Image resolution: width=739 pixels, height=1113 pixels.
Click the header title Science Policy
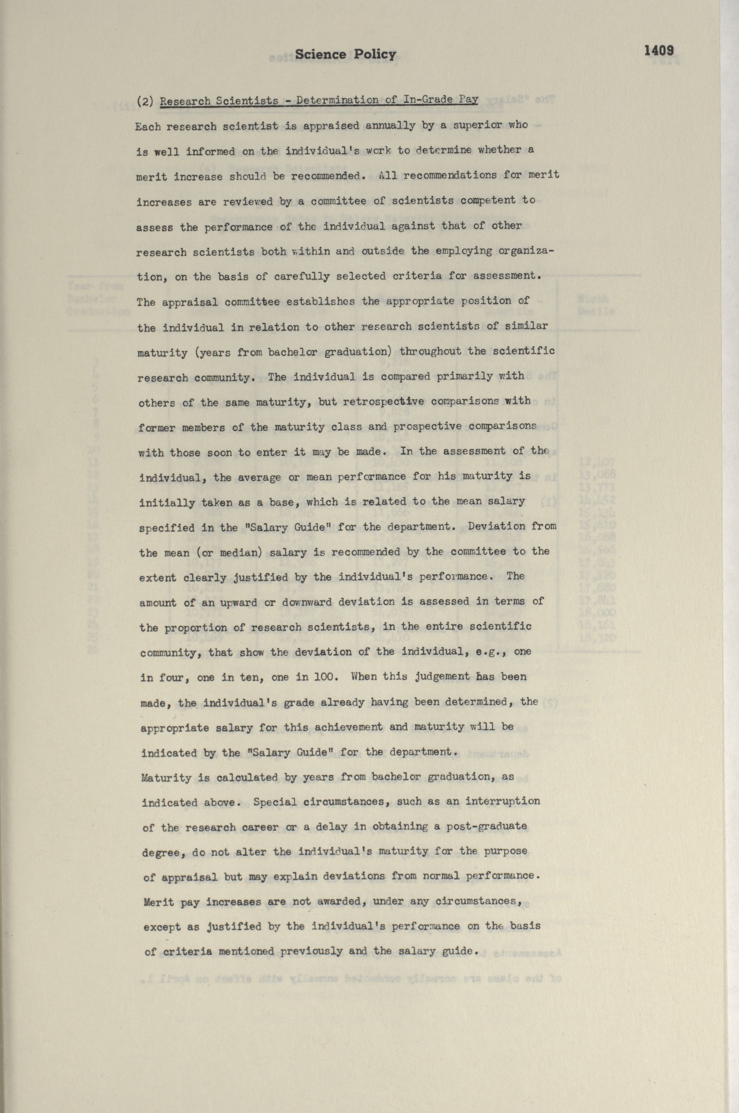(346, 55)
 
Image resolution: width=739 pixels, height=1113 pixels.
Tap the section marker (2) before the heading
(144, 101)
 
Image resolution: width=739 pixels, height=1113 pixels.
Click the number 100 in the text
(325, 676)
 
